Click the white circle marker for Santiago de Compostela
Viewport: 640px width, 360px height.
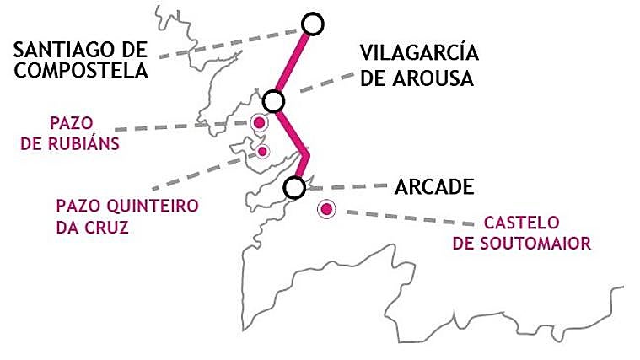312,24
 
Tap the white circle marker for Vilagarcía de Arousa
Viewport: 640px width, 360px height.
272,101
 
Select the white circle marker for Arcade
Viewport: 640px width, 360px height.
294,187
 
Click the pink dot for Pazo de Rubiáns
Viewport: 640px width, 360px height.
260,123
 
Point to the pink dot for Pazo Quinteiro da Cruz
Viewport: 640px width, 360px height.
262,151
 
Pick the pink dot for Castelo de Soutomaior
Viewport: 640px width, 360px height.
325,210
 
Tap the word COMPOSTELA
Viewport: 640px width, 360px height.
81,71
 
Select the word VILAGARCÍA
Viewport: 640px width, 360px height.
419,53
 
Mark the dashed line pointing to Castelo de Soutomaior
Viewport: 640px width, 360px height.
405,218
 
